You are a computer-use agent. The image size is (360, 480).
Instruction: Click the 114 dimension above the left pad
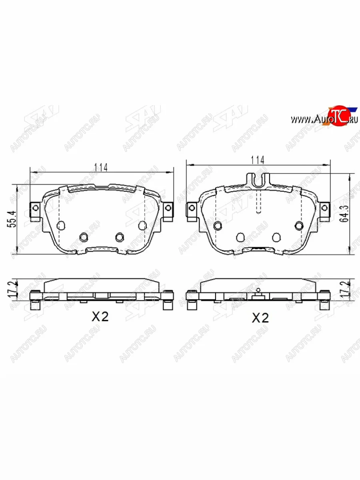(101, 168)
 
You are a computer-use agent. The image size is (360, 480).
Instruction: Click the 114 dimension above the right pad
(258, 160)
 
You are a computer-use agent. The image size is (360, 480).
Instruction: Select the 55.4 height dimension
(12, 219)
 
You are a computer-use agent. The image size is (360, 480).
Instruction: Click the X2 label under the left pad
(100, 316)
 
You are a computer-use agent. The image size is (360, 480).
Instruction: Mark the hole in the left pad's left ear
(36, 208)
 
